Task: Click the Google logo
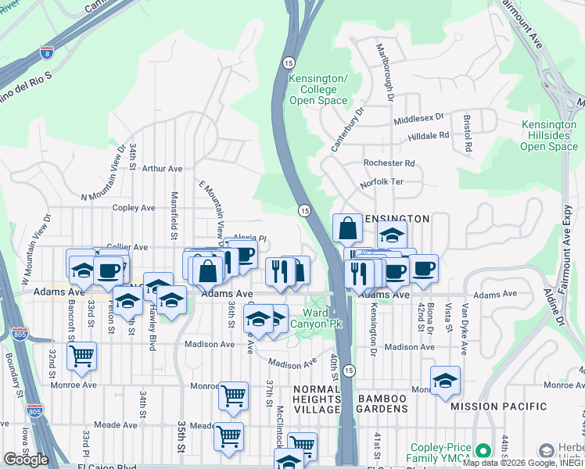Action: tap(26, 460)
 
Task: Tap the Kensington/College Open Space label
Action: tap(318, 89)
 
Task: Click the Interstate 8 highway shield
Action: tap(48, 53)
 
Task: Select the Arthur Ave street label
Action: tap(162, 168)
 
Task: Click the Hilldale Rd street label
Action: tap(429, 135)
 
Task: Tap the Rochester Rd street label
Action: tap(389, 163)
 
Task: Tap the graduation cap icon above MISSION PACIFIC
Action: tap(445, 381)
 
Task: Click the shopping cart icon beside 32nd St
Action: tap(81, 356)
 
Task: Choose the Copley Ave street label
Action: tap(134, 208)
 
